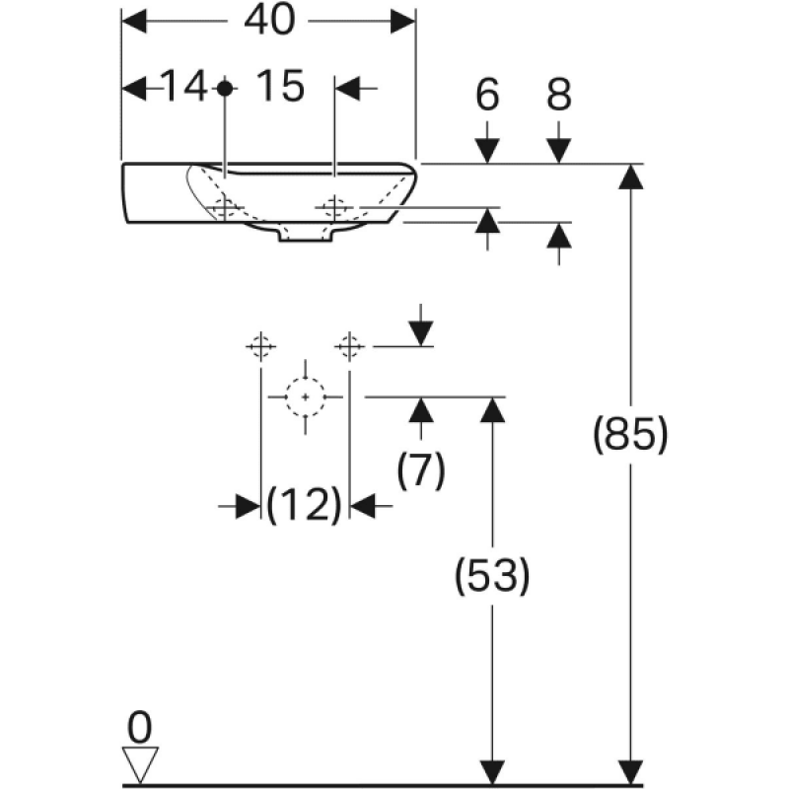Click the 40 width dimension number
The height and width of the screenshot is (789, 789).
(x=269, y=21)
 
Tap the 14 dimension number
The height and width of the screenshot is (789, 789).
(x=184, y=87)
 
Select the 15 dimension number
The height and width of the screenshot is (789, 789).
(x=280, y=86)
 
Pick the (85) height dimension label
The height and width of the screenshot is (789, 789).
(x=630, y=434)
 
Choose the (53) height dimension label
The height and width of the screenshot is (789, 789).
(x=492, y=575)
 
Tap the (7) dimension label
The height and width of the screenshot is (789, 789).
(x=421, y=469)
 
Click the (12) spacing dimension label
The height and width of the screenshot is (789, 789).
(x=305, y=505)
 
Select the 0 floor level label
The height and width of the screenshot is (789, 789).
(x=139, y=728)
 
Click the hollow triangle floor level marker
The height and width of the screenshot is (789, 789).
(x=140, y=764)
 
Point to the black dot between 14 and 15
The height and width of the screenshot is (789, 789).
(x=225, y=89)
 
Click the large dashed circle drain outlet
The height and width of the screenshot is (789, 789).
(x=306, y=397)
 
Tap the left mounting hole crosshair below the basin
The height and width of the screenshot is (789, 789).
(x=260, y=346)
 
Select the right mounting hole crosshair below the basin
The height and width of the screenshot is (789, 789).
(x=349, y=346)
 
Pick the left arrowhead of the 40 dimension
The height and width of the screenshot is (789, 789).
(x=134, y=21)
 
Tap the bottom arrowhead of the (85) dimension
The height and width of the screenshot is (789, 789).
(x=631, y=772)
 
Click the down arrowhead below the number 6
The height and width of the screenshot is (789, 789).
(x=487, y=150)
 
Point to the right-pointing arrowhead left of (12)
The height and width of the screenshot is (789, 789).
(x=249, y=506)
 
